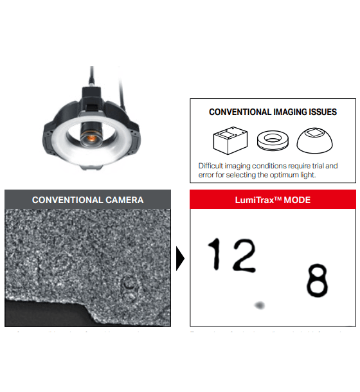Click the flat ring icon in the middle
tap(272, 140)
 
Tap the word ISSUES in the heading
tap(321, 112)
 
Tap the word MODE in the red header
tap(298, 200)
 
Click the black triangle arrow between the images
tap(180, 259)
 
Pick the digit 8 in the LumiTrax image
tap(316, 280)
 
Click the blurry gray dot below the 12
tap(259, 305)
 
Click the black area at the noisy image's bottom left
tap(39, 315)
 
